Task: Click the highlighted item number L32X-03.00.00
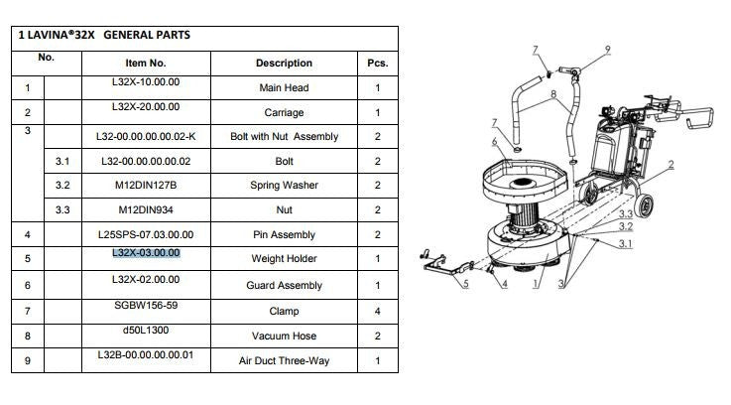[146, 253]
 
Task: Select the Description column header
[284, 63]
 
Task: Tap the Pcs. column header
[378, 63]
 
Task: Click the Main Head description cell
[284, 87]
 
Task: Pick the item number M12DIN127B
[146, 186]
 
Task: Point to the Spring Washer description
[284, 186]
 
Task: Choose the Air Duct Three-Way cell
[284, 360]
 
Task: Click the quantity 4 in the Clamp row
[378, 312]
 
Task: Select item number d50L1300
[146, 331]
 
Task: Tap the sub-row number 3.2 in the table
[62, 186]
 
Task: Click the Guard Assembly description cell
[284, 286]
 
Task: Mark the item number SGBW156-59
[146, 306]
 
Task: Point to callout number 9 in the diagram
[607, 50]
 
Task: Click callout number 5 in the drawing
[465, 283]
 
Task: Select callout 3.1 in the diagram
[625, 243]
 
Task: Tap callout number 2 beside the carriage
[670, 164]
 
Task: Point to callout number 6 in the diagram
[494, 141]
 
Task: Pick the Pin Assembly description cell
[284, 234]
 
